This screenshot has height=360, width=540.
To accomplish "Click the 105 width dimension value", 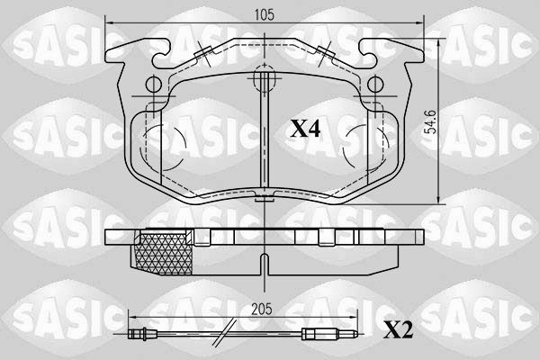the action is click(264, 14).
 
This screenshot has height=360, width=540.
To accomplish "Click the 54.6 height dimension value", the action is click(430, 122).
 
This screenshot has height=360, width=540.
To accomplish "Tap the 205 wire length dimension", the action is click(261, 309).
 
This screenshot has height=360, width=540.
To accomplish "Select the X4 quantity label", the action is click(305, 129).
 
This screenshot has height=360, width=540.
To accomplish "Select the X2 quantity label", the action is click(398, 330).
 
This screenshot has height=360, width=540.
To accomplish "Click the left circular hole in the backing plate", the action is click(153, 85).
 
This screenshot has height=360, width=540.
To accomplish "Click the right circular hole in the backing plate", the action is click(375, 85).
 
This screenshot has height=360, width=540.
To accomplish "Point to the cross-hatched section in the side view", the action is click(164, 254).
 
